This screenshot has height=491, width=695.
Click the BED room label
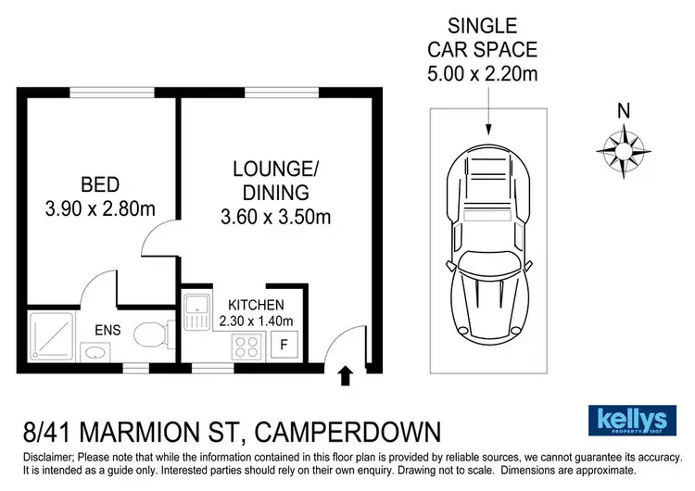pyautogui.click(x=99, y=183)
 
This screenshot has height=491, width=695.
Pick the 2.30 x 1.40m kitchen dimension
pyautogui.click(x=256, y=321)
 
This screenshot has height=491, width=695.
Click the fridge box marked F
pyautogui.click(x=285, y=346)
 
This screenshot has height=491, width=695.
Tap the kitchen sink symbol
pyautogui.click(x=198, y=311)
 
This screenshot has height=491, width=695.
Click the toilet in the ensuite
pyautogui.click(x=153, y=334)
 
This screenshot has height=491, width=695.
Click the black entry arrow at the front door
pyautogui.click(x=345, y=375)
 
